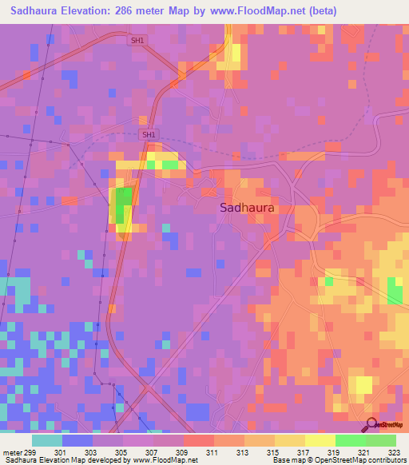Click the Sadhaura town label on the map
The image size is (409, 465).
point(247,207)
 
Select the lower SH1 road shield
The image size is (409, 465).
point(149,135)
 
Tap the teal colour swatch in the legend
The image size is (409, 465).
point(47,440)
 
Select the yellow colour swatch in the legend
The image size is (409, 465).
point(320,440)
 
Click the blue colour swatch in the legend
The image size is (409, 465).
point(77,440)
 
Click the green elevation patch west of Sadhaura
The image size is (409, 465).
point(124,205)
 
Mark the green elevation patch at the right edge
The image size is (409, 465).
point(395,291)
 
